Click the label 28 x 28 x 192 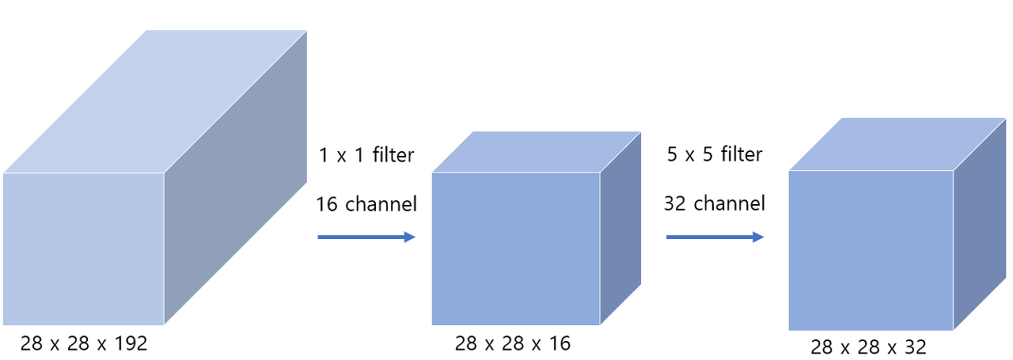[84, 343]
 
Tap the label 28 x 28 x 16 [513, 343]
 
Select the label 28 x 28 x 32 [868, 347]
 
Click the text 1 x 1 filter [366, 155]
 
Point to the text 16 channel [366, 203]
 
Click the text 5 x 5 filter [715, 154]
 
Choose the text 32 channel [715, 203]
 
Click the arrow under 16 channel [366, 237]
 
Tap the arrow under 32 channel [715, 237]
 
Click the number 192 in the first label [130, 343]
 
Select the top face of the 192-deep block [154, 101]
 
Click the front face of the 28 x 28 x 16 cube [515, 248]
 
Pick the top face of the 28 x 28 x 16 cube [537, 152]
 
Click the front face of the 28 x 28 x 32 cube [871, 250]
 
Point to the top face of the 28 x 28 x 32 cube [897, 144]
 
